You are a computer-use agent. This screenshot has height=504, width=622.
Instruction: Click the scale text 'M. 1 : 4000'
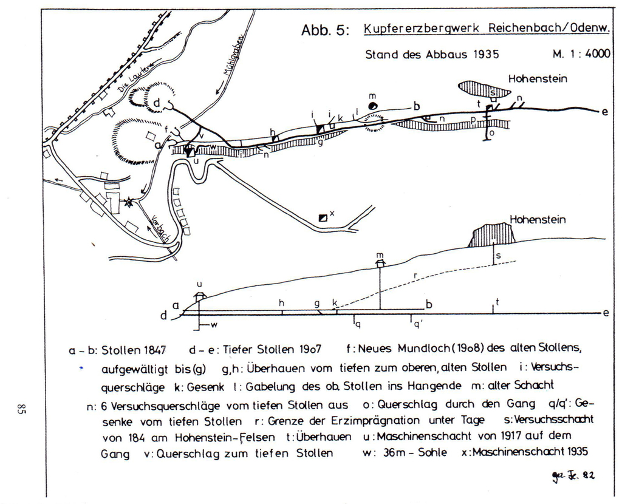click(x=581, y=53)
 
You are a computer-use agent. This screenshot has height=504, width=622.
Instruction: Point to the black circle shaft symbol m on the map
click(x=374, y=105)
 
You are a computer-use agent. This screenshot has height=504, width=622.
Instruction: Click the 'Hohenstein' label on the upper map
click(x=537, y=78)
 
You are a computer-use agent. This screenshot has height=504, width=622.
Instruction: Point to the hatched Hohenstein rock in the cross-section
click(x=492, y=234)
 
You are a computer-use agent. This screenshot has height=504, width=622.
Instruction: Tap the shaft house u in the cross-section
click(x=199, y=295)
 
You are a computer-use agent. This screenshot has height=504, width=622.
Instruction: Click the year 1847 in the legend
click(x=150, y=350)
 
